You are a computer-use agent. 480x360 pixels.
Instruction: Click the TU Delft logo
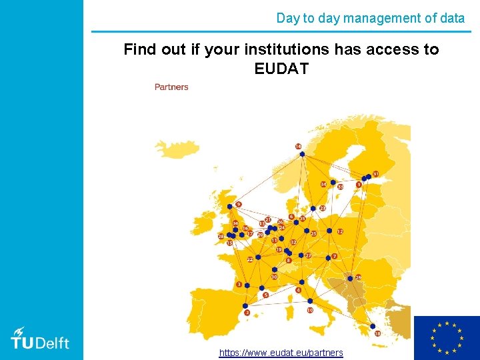[x=40, y=338]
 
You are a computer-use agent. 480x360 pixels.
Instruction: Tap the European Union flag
[x=447, y=338]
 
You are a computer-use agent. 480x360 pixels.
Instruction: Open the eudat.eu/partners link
[x=281, y=353]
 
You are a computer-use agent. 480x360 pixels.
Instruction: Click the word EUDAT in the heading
[x=281, y=68]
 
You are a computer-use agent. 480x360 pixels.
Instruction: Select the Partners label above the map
[x=171, y=87]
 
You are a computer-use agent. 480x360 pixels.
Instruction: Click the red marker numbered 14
[x=298, y=146]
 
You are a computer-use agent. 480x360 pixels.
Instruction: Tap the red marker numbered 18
[x=378, y=333]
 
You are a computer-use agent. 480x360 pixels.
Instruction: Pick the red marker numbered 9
[x=239, y=204]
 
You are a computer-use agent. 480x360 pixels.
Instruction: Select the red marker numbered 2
[x=247, y=312]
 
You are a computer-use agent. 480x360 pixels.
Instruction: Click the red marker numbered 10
[x=310, y=310]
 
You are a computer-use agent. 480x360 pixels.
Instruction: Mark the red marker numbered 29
[x=358, y=277]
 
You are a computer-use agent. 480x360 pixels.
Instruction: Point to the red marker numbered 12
[x=339, y=231]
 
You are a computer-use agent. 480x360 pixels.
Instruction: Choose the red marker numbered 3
[x=239, y=285]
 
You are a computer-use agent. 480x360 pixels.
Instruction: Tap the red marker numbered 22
[x=250, y=259]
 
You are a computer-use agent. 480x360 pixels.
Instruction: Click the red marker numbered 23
[x=322, y=208]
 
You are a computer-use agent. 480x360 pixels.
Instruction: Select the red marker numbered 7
[x=335, y=256]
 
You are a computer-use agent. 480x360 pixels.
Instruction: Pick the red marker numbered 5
[x=265, y=295]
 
